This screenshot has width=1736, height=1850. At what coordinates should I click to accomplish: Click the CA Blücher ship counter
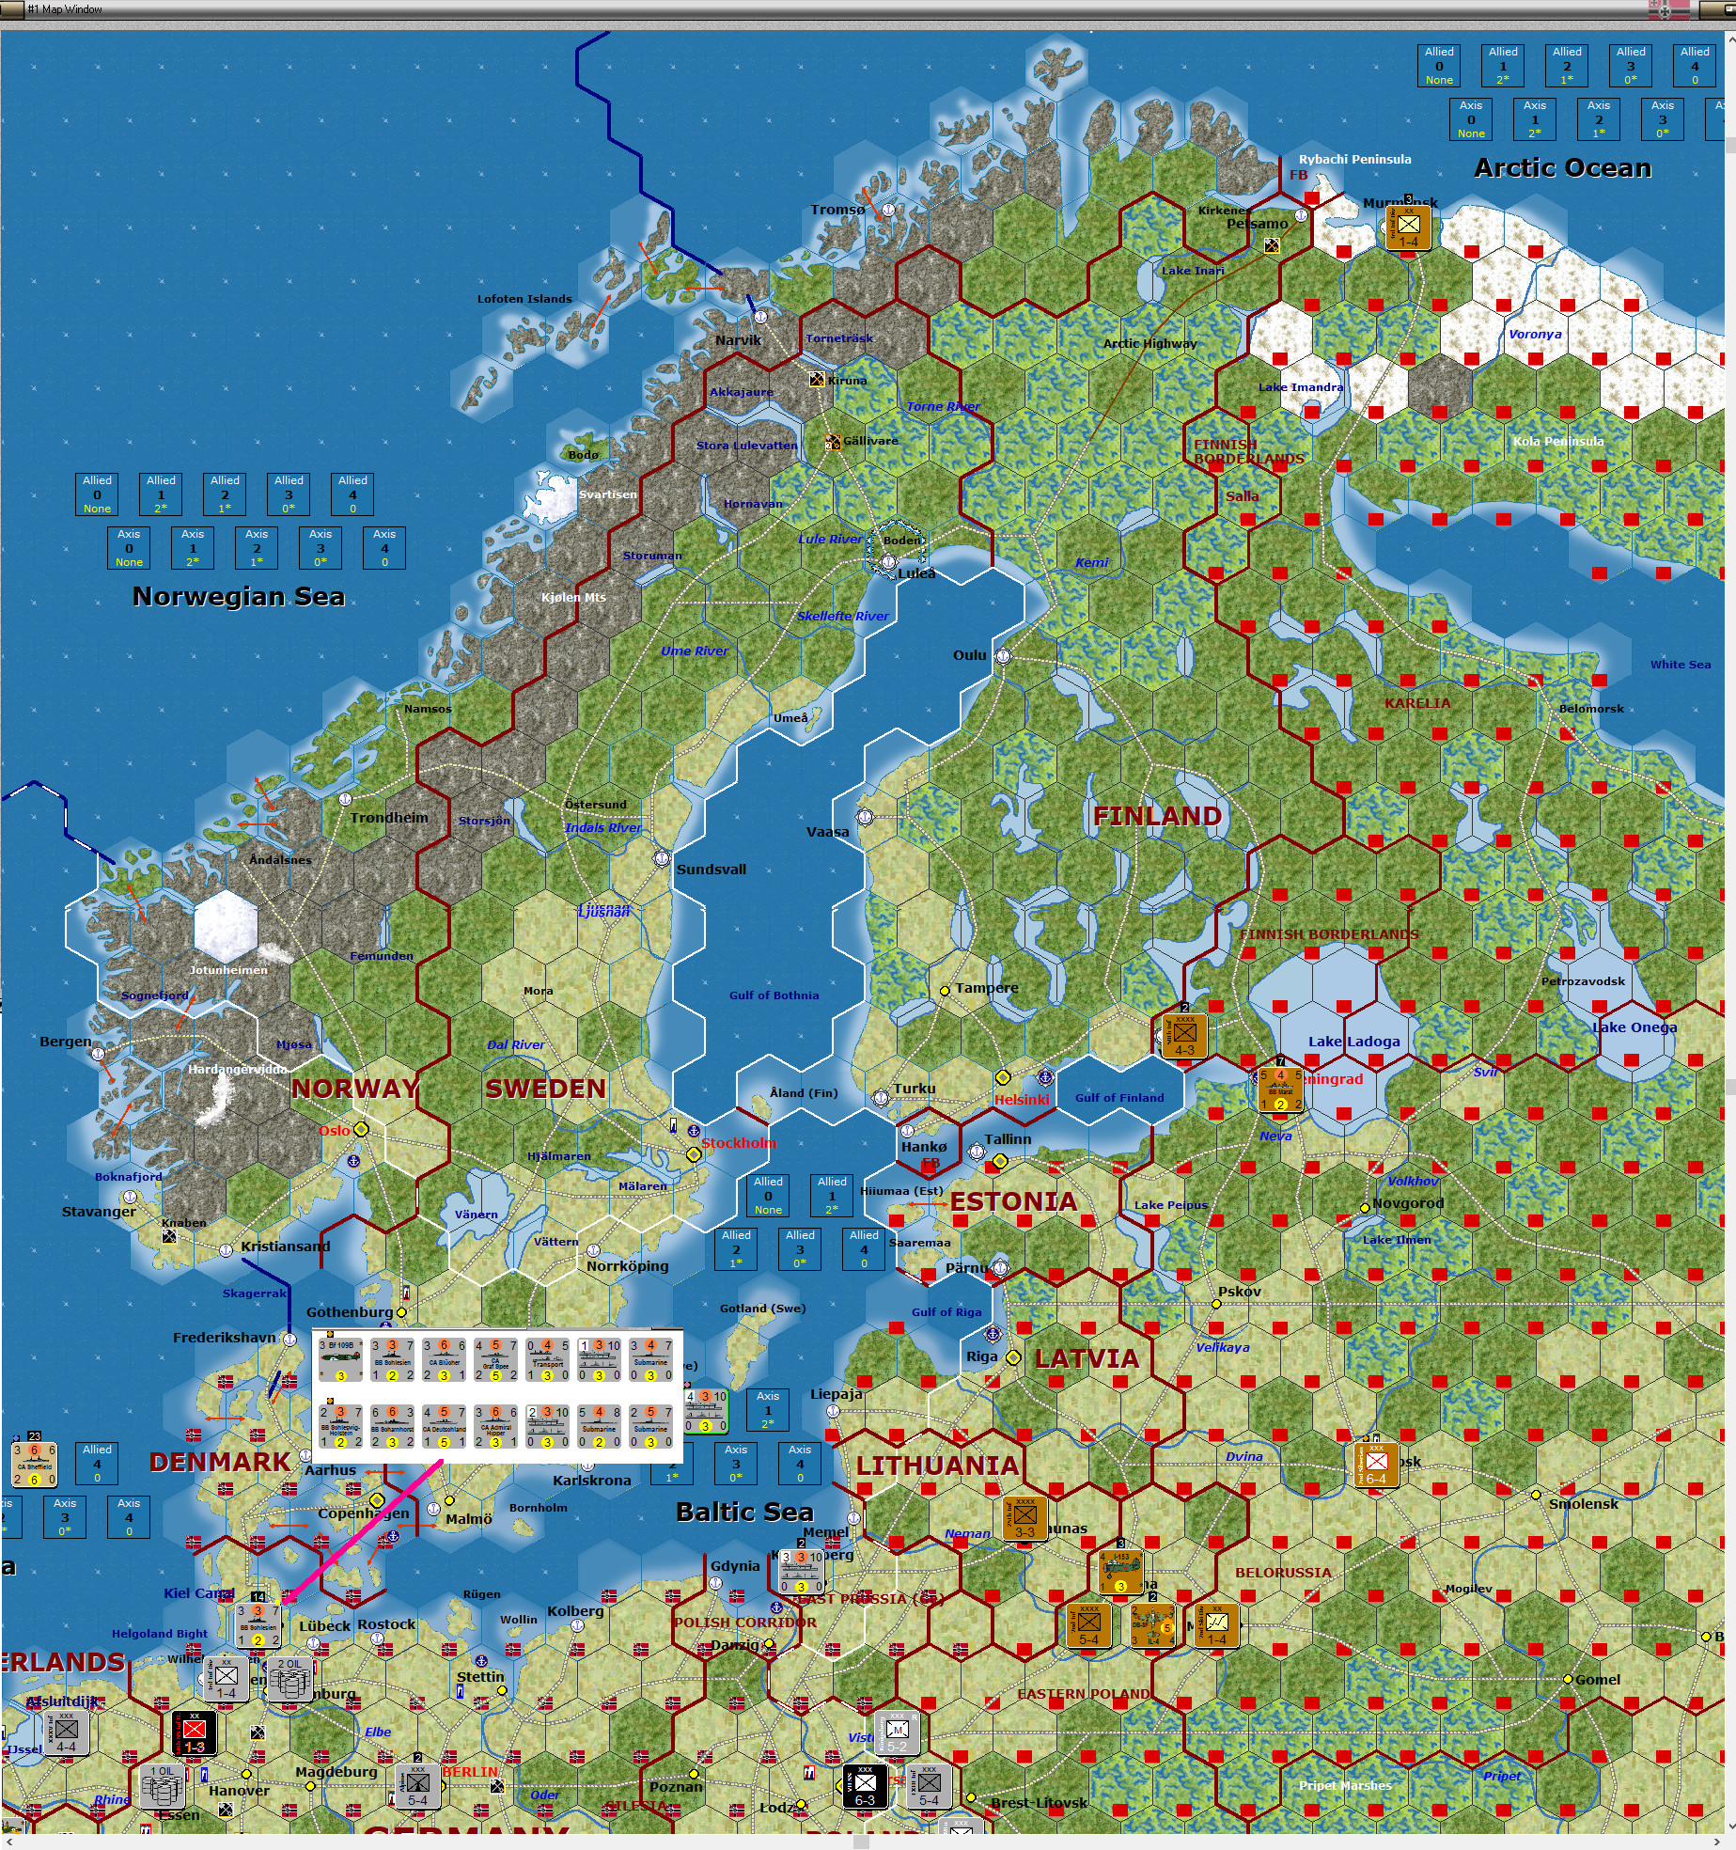(x=445, y=1359)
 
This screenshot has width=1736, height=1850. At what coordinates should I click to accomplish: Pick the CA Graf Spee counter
(x=496, y=1359)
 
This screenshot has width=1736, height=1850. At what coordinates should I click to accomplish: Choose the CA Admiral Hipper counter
(x=496, y=1426)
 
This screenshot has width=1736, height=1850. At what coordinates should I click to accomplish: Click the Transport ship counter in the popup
(x=548, y=1359)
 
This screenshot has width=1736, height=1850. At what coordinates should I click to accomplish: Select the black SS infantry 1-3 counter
(x=195, y=1732)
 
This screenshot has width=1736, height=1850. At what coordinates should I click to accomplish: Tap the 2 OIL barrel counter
(x=289, y=1678)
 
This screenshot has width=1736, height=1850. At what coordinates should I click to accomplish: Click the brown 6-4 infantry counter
(x=1376, y=1465)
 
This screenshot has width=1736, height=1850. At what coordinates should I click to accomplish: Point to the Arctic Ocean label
(x=1562, y=168)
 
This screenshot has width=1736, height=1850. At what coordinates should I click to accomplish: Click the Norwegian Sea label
(x=239, y=597)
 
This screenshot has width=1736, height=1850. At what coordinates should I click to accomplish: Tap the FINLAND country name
(x=1157, y=816)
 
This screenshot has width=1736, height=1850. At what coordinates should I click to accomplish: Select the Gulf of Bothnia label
(x=774, y=996)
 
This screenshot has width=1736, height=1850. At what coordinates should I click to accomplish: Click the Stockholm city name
(x=739, y=1143)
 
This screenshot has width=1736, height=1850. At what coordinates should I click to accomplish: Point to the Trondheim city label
(x=389, y=818)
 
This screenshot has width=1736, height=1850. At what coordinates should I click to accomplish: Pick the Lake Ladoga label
(x=1353, y=1042)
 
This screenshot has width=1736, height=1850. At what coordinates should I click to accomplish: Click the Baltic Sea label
(x=744, y=1512)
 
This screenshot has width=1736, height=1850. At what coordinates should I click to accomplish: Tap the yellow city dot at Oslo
(x=361, y=1129)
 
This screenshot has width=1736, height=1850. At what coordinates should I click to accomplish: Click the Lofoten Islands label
(x=524, y=299)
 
